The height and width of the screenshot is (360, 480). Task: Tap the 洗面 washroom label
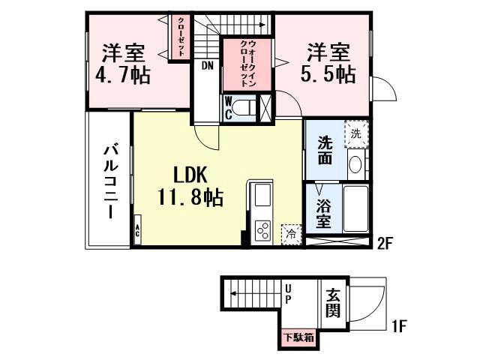(324, 150)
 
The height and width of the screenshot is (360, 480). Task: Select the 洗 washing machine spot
(357, 133)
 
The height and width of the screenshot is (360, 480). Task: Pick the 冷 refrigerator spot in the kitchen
(291, 233)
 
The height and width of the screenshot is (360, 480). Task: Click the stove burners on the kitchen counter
(264, 230)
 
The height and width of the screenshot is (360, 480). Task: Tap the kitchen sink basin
(264, 196)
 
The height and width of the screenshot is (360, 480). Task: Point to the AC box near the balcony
(138, 230)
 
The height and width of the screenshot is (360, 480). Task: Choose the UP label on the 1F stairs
(288, 293)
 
